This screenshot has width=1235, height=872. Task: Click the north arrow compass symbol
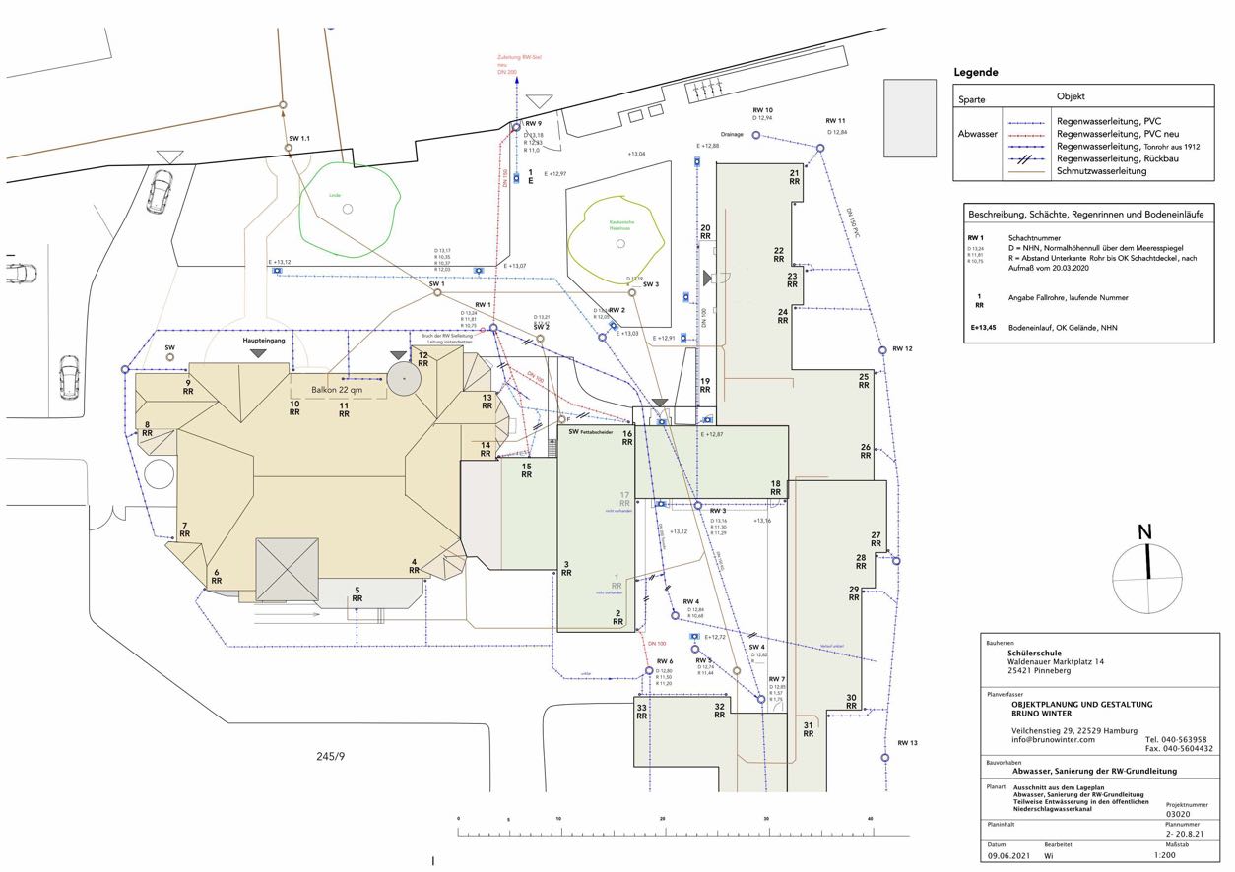pyautogui.click(x=1146, y=576)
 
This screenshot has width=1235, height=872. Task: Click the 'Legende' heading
pyautogui.click(x=976, y=73)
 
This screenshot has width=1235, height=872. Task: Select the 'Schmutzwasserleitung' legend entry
pyautogui.click(x=1101, y=171)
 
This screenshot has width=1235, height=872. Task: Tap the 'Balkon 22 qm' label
pyautogui.click(x=337, y=390)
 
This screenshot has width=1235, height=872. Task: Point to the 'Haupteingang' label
pyautogui.click(x=263, y=339)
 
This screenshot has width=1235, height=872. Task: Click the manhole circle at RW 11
pyautogui.click(x=819, y=148)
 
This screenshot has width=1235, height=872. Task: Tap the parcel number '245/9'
pyautogui.click(x=332, y=756)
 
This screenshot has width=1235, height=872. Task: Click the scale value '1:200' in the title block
pyautogui.click(x=1180, y=856)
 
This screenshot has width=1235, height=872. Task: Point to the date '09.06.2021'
pyautogui.click(x=1008, y=856)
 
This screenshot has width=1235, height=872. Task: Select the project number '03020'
pyautogui.click(x=1179, y=815)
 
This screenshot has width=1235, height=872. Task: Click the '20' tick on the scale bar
pyautogui.click(x=662, y=819)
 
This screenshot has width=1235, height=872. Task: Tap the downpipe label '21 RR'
pyautogui.click(x=794, y=177)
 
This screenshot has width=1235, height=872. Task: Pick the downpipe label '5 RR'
pyautogui.click(x=357, y=593)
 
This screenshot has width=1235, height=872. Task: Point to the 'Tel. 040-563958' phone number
pyautogui.click(x=1178, y=739)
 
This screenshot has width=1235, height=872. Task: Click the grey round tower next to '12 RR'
pyautogui.click(x=402, y=375)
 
